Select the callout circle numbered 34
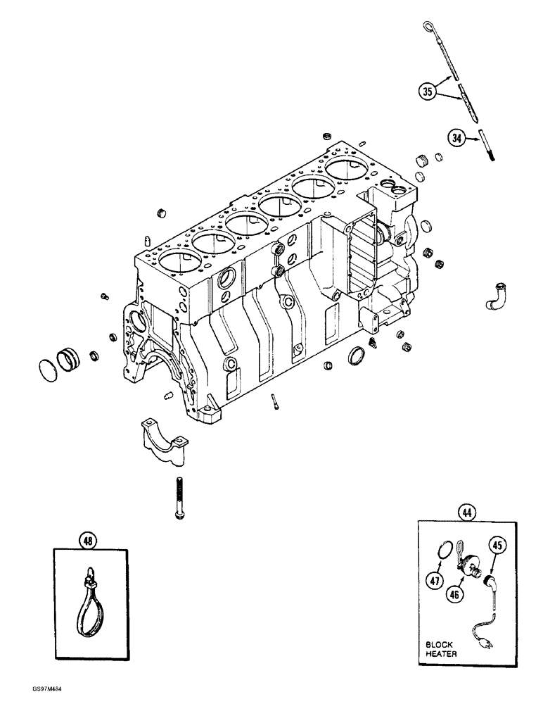(x=456, y=139)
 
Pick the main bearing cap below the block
(x=162, y=439)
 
